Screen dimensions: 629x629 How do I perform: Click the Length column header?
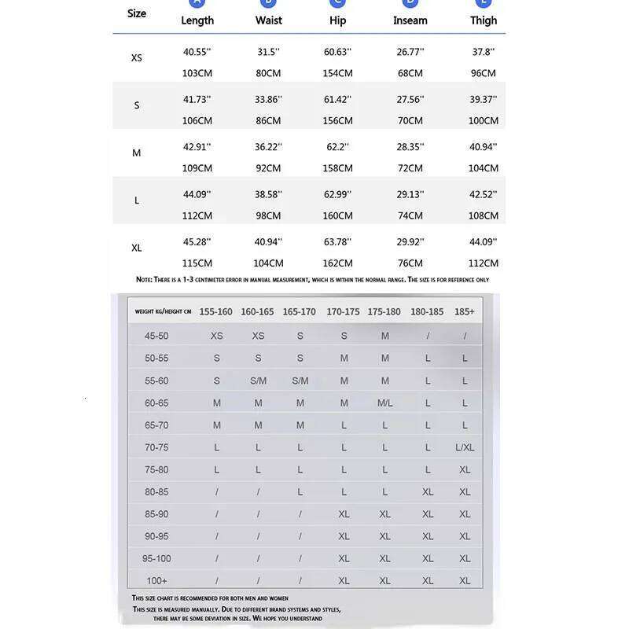point(197,20)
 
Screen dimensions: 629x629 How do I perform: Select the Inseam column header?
point(410,20)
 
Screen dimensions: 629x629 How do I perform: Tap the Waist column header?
point(269,20)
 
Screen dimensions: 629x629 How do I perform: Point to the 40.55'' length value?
point(197,52)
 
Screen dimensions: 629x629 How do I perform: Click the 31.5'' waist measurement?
point(269,52)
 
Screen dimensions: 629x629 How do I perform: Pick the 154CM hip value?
point(337,73)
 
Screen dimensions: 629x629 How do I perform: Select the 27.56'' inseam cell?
point(410,99)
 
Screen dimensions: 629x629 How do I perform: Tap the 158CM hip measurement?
point(337,168)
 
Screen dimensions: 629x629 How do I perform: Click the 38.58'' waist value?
point(269,194)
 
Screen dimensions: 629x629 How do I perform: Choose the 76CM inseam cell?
point(410,263)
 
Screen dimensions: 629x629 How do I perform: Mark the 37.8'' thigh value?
point(484,52)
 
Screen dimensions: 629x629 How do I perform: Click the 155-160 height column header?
point(215,312)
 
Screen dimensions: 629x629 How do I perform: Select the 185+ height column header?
point(465,312)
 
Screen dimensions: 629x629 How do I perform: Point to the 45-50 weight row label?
point(156,336)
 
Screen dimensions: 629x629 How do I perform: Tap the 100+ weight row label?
point(156,581)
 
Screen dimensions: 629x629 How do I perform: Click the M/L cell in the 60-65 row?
point(385,403)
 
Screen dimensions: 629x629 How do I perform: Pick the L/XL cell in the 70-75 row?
point(465,447)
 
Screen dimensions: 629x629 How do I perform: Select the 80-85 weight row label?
point(156,492)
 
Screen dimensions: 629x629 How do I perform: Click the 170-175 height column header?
point(343,312)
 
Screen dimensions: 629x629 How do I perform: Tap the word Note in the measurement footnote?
point(143,280)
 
